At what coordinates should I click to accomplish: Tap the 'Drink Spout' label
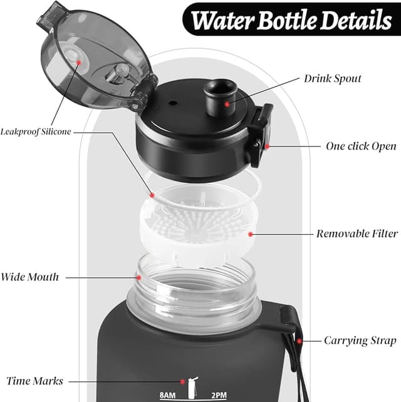click(333, 80)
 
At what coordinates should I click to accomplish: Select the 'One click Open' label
click(361, 146)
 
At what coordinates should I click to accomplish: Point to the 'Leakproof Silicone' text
click(36, 131)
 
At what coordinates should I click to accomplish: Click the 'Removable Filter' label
click(357, 234)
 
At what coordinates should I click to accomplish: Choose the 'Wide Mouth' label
click(30, 277)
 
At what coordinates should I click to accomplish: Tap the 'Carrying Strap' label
click(360, 341)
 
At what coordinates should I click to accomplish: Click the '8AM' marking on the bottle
click(169, 395)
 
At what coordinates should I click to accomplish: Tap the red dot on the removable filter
click(251, 234)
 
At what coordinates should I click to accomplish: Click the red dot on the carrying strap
click(299, 341)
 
